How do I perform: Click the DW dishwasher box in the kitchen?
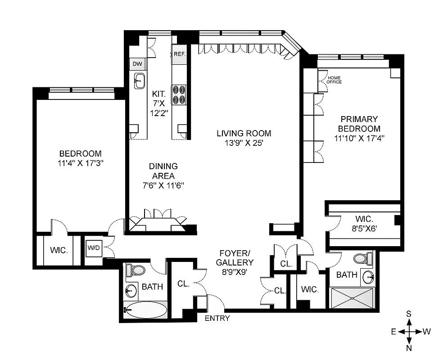coord(137,64)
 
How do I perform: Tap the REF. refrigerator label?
coord(180,54)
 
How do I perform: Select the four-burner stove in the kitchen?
coord(179,95)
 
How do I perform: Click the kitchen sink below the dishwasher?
coord(139,81)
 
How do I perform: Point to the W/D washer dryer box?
coord(94,248)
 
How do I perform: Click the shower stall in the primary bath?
coord(353,297)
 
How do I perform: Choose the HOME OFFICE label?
coord(334,80)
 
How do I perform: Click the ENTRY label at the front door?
coord(217,319)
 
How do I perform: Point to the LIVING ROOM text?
coord(244,133)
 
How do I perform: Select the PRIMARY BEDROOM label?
coord(359,124)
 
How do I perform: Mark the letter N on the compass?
coord(409,347)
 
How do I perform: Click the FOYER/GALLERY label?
coord(235,257)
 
